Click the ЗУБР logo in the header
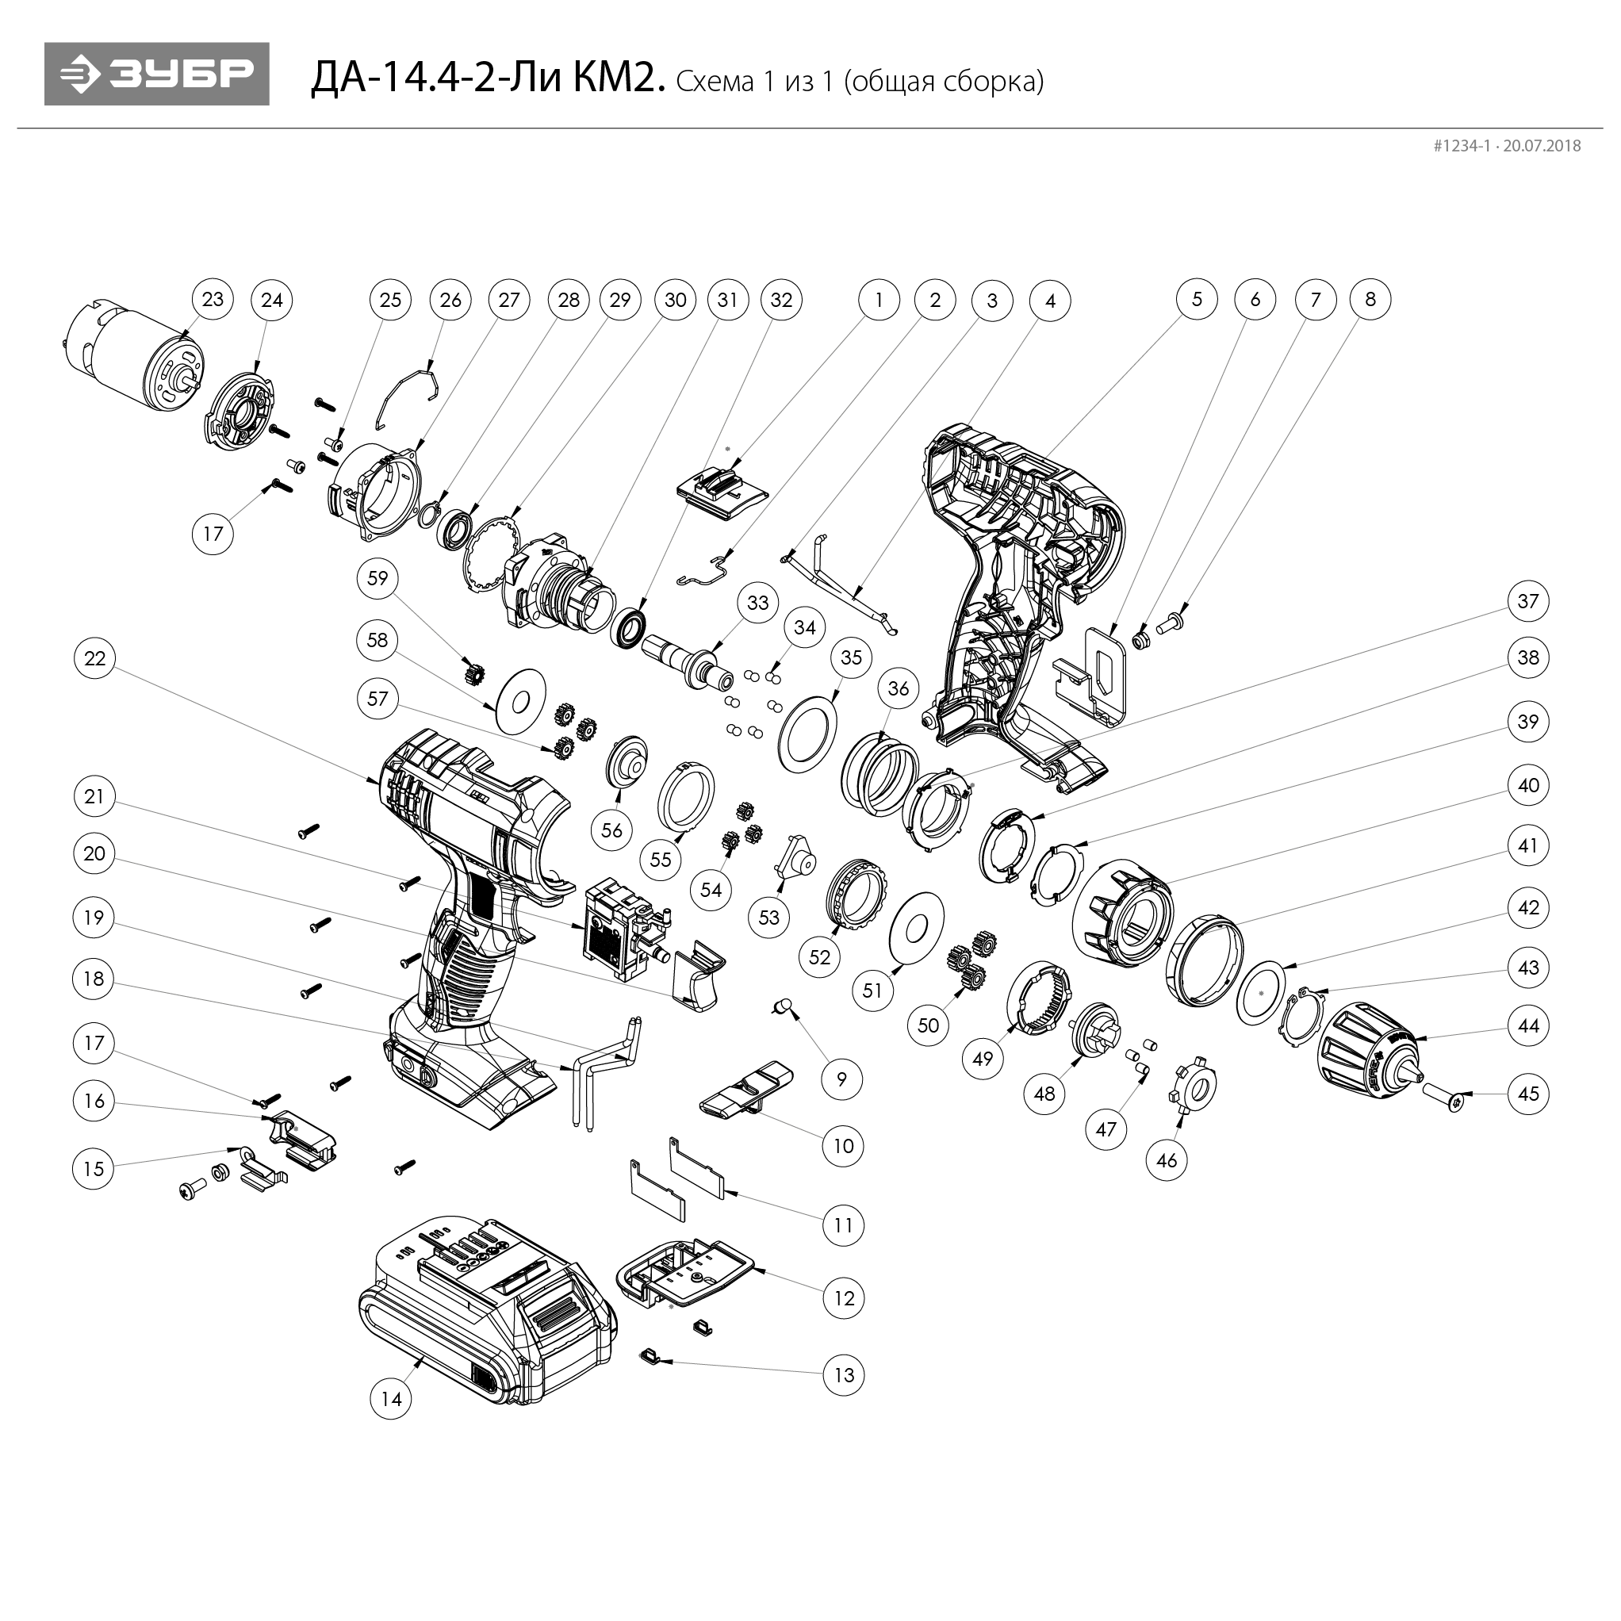[x=157, y=74]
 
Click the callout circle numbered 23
[x=213, y=299]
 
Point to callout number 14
[x=391, y=1399]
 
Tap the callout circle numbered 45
[x=1529, y=1094]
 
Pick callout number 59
[x=378, y=577]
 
